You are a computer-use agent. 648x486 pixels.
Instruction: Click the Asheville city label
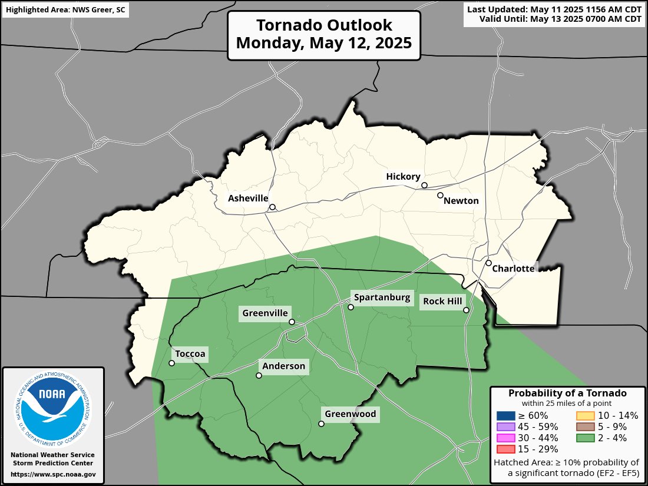click(x=248, y=199)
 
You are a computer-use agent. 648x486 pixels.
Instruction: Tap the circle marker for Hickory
click(x=424, y=186)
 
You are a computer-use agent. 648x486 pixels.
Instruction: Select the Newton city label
click(x=461, y=201)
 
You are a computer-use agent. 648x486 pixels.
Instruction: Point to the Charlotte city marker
click(x=488, y=263)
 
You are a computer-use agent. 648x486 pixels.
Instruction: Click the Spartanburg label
click(x=381, y=297)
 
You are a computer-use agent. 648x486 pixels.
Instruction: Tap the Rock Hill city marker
click(x=466, y=310)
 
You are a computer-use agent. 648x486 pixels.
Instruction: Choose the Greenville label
click(x=265, y=313)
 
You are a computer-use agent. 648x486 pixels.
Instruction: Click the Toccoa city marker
click(x=171, y=363)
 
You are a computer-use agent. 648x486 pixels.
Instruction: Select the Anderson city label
click(x=284, y=366)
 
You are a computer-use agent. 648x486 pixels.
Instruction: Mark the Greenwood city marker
click(x=321, y=424)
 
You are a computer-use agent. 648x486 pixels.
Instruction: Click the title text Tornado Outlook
click(x=323, y=25)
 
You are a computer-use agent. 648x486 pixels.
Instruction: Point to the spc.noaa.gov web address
click(x=53, y=474)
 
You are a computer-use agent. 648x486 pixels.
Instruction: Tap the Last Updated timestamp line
click(x=554, y=9)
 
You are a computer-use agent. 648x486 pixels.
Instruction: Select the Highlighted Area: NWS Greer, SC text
click(x=65, y=11)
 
